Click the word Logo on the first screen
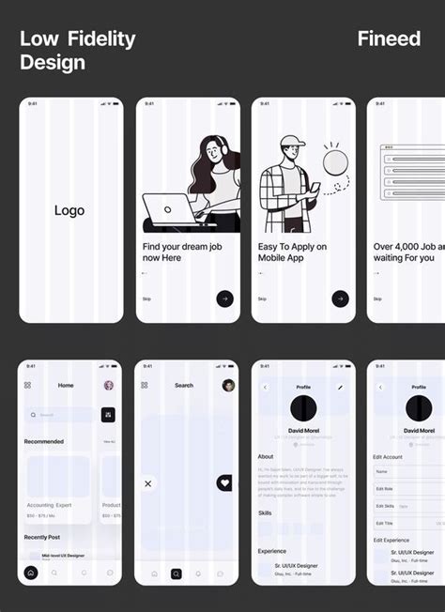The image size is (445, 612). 69,210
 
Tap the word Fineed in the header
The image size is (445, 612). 389,38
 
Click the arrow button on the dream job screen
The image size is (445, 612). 224,298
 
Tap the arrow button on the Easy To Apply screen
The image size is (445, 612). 340,298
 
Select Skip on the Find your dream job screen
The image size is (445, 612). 146,298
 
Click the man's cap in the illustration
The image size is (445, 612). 292,143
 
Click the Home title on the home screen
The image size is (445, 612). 66,385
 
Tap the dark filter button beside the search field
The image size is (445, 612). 108,414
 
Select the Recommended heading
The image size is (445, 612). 44,441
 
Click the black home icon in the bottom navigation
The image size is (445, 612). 31,572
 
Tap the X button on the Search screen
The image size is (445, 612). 147,483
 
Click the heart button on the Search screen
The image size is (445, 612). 224,482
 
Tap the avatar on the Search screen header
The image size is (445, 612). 228,385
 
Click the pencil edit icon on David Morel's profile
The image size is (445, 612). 341,387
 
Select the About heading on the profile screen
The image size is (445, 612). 266,457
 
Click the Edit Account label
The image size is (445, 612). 390,457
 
